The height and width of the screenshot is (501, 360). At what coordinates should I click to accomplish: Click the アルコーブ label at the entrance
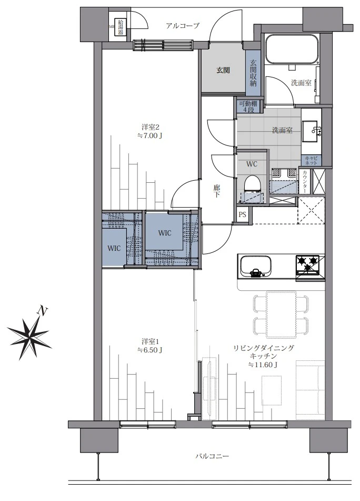182,25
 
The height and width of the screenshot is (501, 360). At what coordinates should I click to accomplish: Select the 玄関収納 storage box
253,72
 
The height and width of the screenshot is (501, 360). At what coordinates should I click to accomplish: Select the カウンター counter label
305,182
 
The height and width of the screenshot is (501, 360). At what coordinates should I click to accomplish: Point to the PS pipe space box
242,215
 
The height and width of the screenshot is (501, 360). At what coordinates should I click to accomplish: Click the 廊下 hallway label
217,190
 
